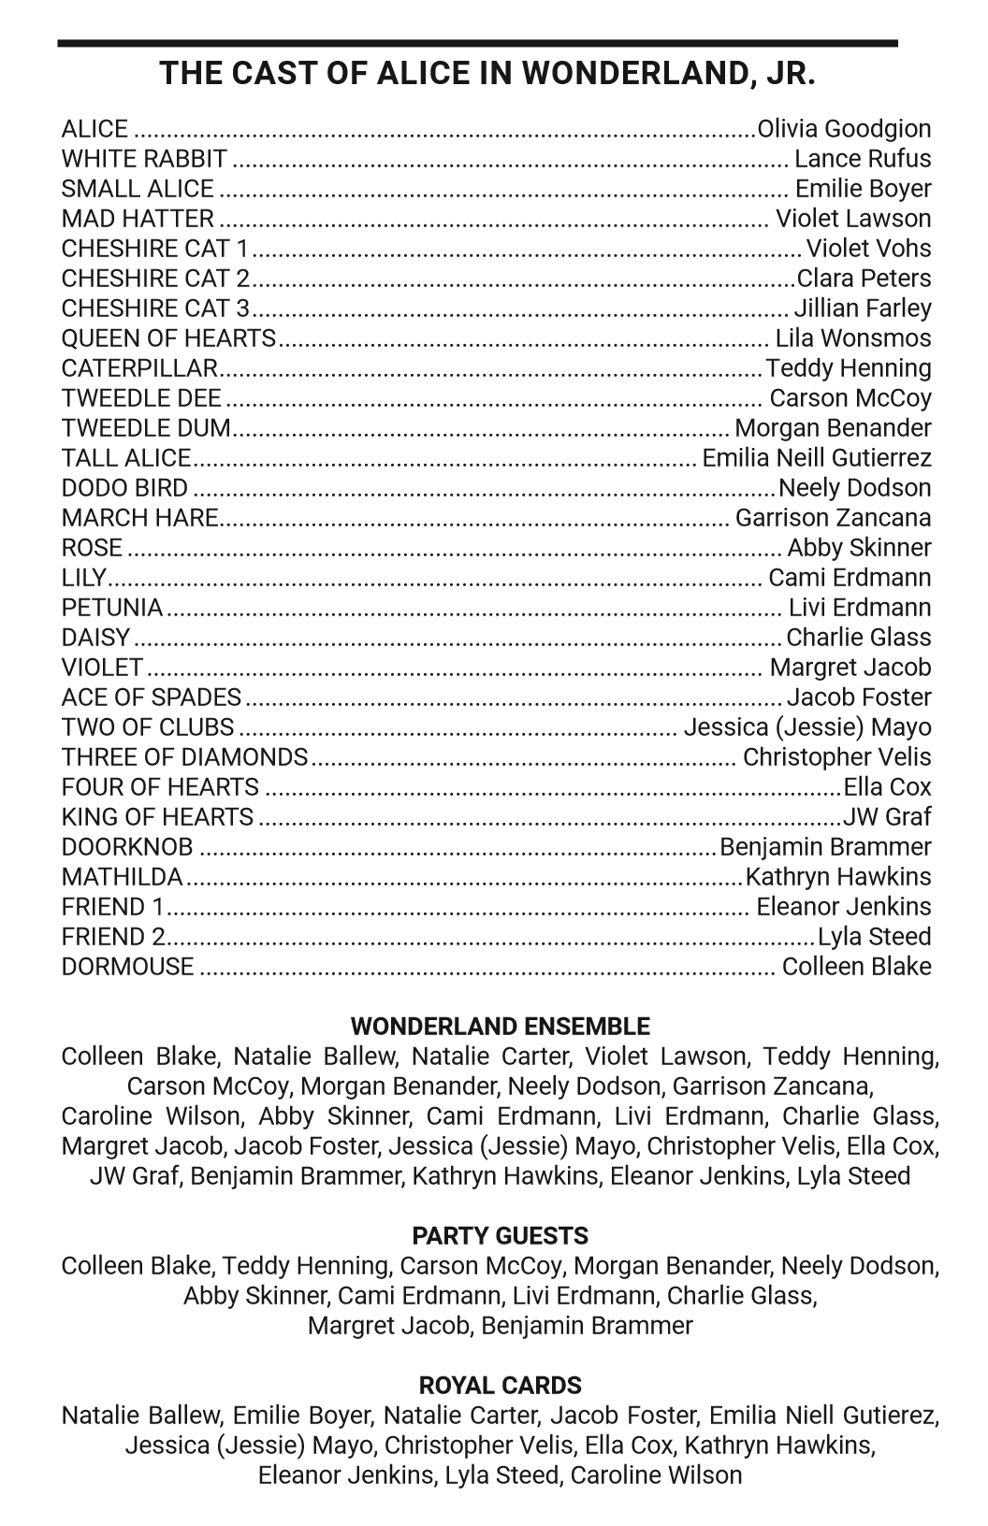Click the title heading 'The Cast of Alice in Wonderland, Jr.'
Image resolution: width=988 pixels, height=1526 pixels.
487,73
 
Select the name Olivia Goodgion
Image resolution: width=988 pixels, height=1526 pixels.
844,129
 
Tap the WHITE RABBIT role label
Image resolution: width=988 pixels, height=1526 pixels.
144,159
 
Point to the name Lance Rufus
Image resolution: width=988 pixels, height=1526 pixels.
863,159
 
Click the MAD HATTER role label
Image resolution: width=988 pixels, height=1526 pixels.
138,219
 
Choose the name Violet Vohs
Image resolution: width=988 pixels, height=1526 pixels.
869,249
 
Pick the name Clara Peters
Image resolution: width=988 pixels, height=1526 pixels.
864,279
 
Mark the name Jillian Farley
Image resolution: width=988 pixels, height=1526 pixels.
863,309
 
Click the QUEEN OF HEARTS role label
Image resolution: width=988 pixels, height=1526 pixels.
168,338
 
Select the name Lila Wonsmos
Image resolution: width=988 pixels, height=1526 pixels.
853,338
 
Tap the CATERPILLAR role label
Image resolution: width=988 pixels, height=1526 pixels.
139,368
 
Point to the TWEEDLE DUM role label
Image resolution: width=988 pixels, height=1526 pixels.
146,428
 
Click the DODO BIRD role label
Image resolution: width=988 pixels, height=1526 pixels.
124,488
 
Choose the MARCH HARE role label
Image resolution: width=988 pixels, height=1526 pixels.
140,518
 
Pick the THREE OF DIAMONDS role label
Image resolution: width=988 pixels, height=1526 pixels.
184,757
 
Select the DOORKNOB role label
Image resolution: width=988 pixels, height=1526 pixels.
127,847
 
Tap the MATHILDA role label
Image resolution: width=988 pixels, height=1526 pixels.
123,877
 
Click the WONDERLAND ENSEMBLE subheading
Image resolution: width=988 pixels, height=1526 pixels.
500,1027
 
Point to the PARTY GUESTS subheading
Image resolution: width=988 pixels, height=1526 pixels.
500,1236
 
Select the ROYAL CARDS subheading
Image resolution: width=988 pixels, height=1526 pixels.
500,1386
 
